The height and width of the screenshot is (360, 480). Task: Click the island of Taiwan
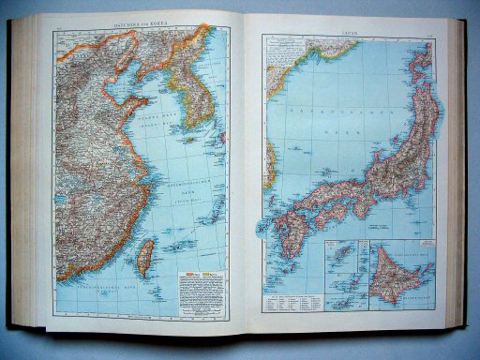(145, 256)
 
